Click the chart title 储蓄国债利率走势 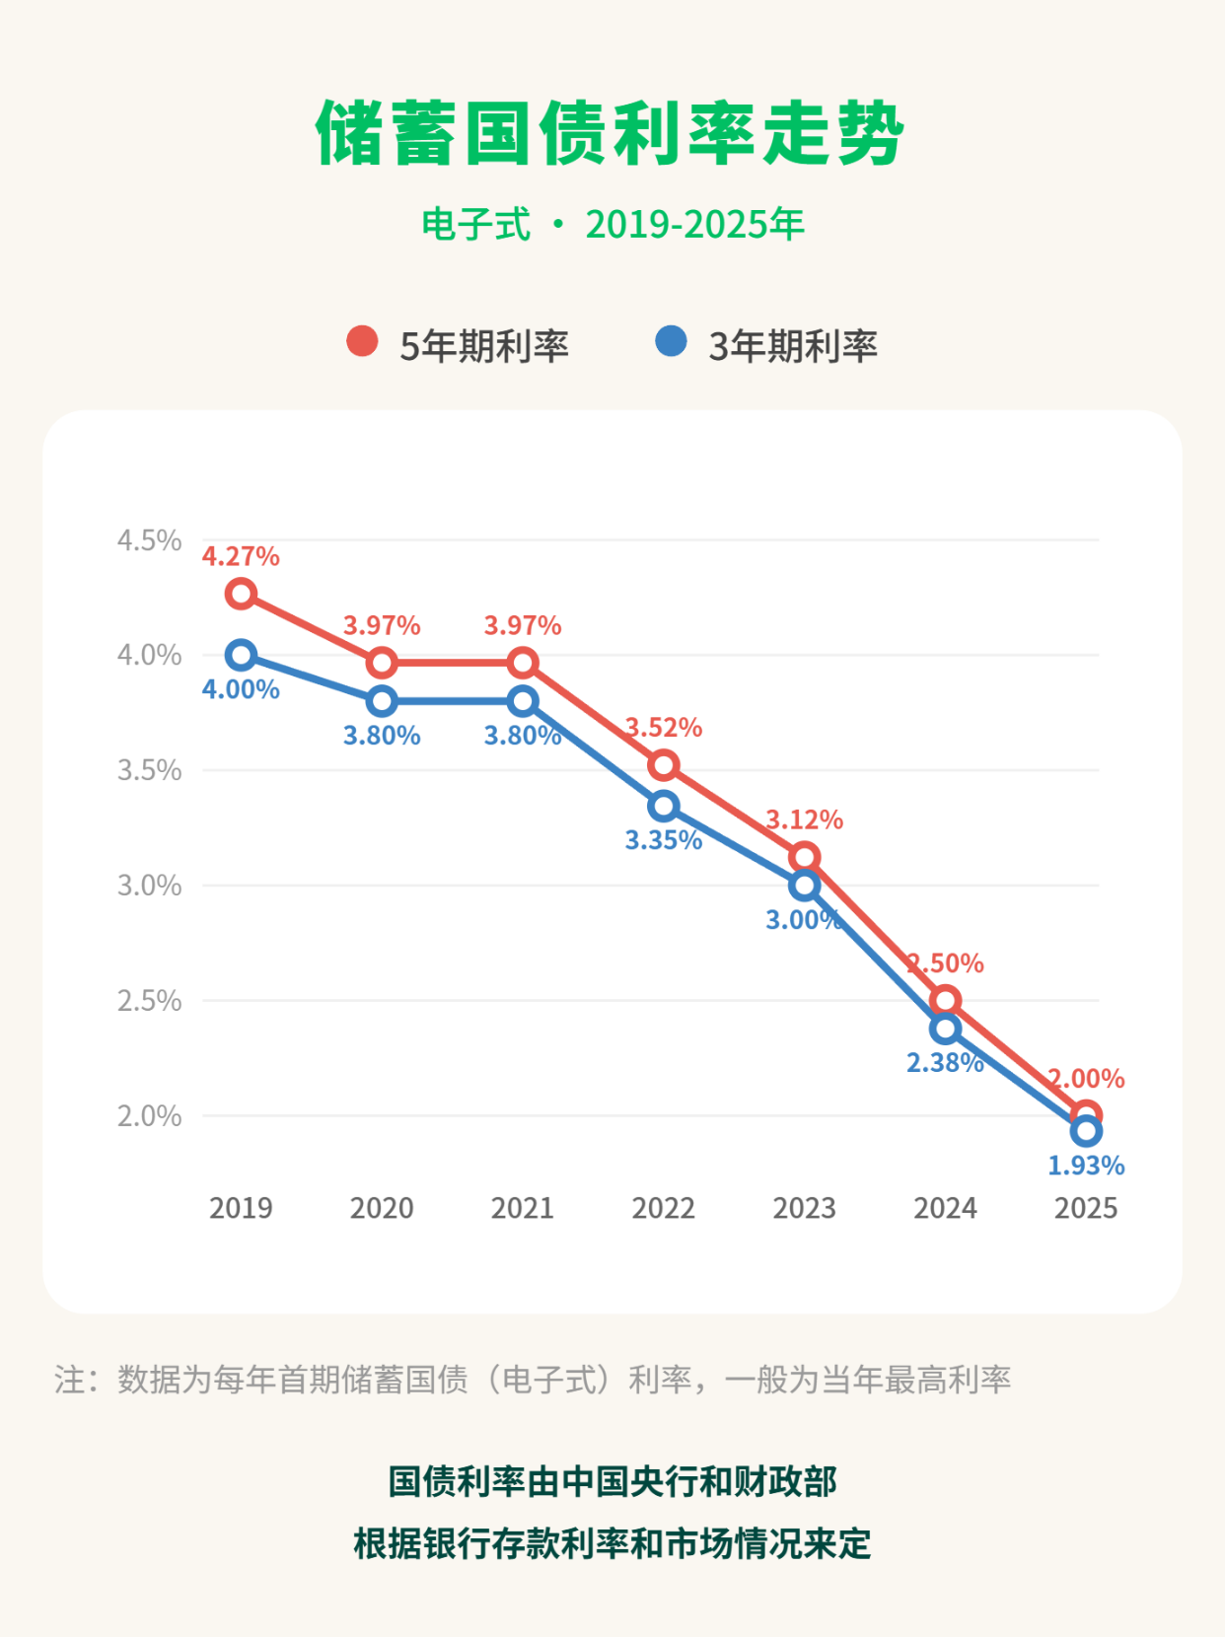(x=610, y=134)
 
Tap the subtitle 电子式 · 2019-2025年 (x=612, y=225)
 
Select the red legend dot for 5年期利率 (x=362, y=341)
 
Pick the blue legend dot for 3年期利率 (x=671, y=341)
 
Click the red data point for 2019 (x=241, y=594)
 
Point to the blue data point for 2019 (x=241, y=655)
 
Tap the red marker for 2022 (x=664, y=765)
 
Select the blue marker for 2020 (x=382, y=701)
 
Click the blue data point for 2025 (x=1086, y=1132)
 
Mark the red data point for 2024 (x=946, y=1000)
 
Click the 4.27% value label (x=241, y=557)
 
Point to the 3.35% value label (x=664, y=841)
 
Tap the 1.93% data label (x=1086, y=1167)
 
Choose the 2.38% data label (x=945, y=1063)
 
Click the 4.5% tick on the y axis (x=149, y=540)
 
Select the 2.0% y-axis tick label (x=149, y=1116)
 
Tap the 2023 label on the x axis (x=804, y=1208)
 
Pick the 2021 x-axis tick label (x=523, y=1208)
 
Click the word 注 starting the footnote (x=70, y=1380)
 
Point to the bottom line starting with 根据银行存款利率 (x=612, y=1543)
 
